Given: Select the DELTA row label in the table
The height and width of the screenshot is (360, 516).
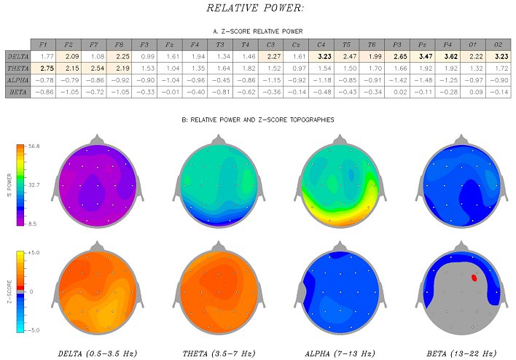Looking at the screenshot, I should [17, 56].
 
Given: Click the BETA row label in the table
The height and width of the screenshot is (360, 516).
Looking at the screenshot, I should [17, 93].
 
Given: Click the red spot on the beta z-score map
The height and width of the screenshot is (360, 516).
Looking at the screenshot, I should [474, 277].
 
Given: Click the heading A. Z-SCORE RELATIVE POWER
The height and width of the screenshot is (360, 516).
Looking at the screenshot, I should [258, 31].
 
